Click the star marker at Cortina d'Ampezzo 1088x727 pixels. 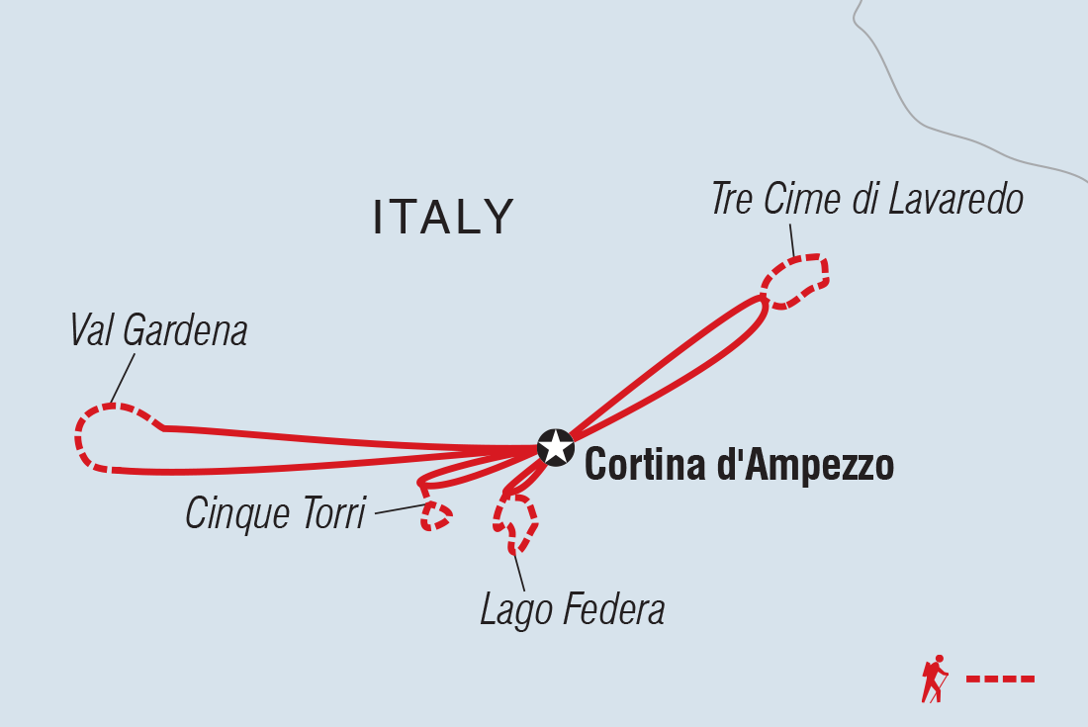(556, 447)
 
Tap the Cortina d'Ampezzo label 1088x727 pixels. (739, 466)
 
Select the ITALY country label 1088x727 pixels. (444, 217)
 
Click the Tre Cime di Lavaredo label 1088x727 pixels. (866, 200)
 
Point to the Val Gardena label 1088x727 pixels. (159, 332)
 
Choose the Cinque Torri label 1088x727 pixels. (276, 514)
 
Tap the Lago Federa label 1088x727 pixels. (572, 610)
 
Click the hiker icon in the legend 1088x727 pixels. (934, 679)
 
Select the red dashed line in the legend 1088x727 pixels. (1000, 679)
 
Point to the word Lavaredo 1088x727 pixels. (954, 200)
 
